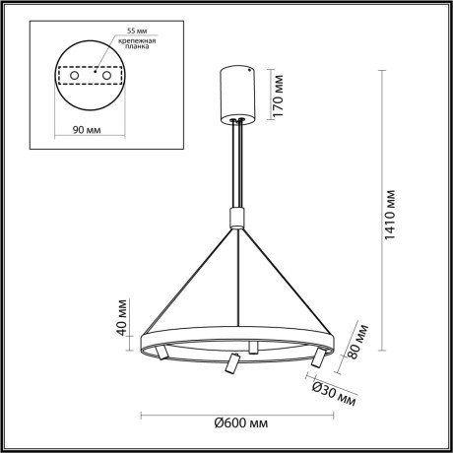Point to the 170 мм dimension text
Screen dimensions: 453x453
click(x=279, y=93)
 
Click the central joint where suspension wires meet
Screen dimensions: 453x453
click(x=235, y=217)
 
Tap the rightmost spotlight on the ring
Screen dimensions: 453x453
click(x=317, y=356)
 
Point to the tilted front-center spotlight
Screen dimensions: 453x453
click(x=230, y=364)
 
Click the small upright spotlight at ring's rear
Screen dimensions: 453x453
click(x=253, y=345)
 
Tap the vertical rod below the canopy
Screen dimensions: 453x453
click(x=236, y=162)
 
